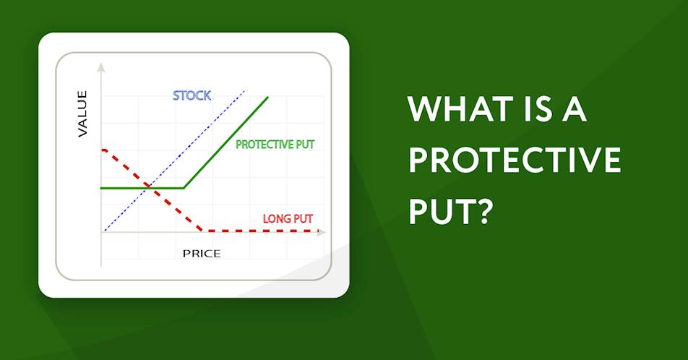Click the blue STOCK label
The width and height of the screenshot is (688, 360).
[x=192, y=95]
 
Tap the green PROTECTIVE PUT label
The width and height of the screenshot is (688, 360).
[x=275, y=145]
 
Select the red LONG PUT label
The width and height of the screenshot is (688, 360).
[x=288, y=218]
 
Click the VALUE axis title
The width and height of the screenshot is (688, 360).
[x=82, y=113]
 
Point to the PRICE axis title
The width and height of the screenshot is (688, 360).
[x=202, y=253]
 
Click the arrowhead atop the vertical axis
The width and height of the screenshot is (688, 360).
[x=101, y=67]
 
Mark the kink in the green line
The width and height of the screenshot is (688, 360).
[x=184, y=188]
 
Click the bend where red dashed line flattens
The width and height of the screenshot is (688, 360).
[x=202, y=230]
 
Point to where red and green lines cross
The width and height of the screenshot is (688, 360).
[x=149, y=187]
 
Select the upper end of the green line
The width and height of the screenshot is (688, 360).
[x=267, y=97]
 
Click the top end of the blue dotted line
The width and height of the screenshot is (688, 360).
[x=244, y=91]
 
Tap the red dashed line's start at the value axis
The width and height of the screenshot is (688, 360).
[x=103, y=150]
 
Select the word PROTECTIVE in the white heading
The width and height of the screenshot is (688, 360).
[x=515, y=160]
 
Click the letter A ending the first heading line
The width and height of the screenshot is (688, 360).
[x=574, y=109]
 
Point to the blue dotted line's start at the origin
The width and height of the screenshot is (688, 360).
[x=105, y=231]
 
